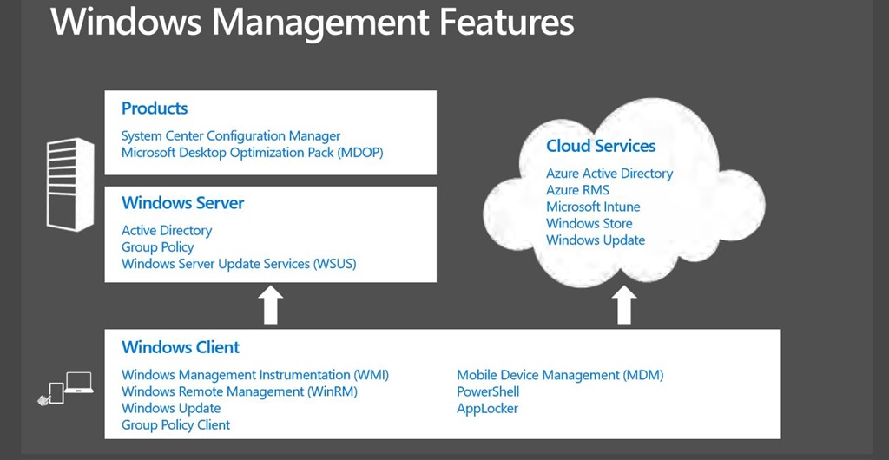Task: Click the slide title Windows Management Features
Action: point(313,22)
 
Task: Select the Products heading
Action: point(155,108)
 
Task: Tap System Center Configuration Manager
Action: point(231,136)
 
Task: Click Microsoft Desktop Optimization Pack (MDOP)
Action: point(252,153)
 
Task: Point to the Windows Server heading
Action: point(182,203)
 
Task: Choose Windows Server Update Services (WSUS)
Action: point(239,264)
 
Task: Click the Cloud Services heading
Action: point(601,146)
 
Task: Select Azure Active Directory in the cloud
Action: point(609,174)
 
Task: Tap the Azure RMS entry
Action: point(577,190)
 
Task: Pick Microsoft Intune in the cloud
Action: point(593,207)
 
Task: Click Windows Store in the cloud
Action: point(589,223)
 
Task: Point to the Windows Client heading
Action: point(181,347)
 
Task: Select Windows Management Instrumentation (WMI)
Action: point(255,375)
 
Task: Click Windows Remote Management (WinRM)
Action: point(240,391)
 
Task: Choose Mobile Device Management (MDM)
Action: point(560,375)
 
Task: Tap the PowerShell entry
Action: point(488,391)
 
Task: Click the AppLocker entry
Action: point(487,408)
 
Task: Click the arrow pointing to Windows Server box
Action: point(271,306)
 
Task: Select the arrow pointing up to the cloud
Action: point(624,306)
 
